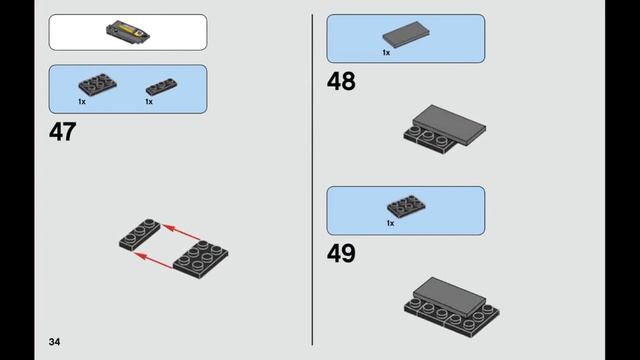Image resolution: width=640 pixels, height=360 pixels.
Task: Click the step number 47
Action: (x=62, y=132)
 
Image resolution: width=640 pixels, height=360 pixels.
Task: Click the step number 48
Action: (x=341, y=81)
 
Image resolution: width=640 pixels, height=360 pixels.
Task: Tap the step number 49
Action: (x=341, y=253)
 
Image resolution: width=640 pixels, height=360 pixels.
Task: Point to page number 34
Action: (x=54, y=342)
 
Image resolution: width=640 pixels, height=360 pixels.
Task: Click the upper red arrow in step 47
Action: (x=181, y=231)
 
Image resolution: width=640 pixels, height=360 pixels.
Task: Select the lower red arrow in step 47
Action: (x=154, y=261)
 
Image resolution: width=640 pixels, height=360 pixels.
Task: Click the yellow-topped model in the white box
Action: (x=128, y=32)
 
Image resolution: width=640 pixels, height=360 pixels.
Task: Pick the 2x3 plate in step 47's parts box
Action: (x=97, y=84)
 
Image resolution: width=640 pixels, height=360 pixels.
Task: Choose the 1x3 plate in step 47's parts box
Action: (x=162, y=87)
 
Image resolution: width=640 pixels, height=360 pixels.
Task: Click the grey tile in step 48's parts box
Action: (x=406, y=34)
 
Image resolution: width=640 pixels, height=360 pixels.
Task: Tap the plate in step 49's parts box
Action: (x=406, y=206)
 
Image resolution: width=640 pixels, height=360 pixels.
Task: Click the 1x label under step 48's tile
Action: (x=386, y=53)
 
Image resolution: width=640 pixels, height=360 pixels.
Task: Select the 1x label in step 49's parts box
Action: (x=390, y=223)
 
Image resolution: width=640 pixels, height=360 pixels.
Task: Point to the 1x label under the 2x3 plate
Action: (x=82, y=102)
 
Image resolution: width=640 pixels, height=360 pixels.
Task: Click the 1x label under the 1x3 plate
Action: (x=149, y=102)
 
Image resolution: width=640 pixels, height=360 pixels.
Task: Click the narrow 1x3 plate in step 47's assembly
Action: (x=140, y=234)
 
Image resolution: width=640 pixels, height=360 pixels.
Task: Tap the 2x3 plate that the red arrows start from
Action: (x=200, y=260)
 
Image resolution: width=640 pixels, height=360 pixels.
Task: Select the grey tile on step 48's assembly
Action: (x=449, y=124)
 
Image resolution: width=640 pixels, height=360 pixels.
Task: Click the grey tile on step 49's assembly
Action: (x=449, y=296)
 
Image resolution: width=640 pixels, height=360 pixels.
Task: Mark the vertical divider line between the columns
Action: (x=313, y=180)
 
